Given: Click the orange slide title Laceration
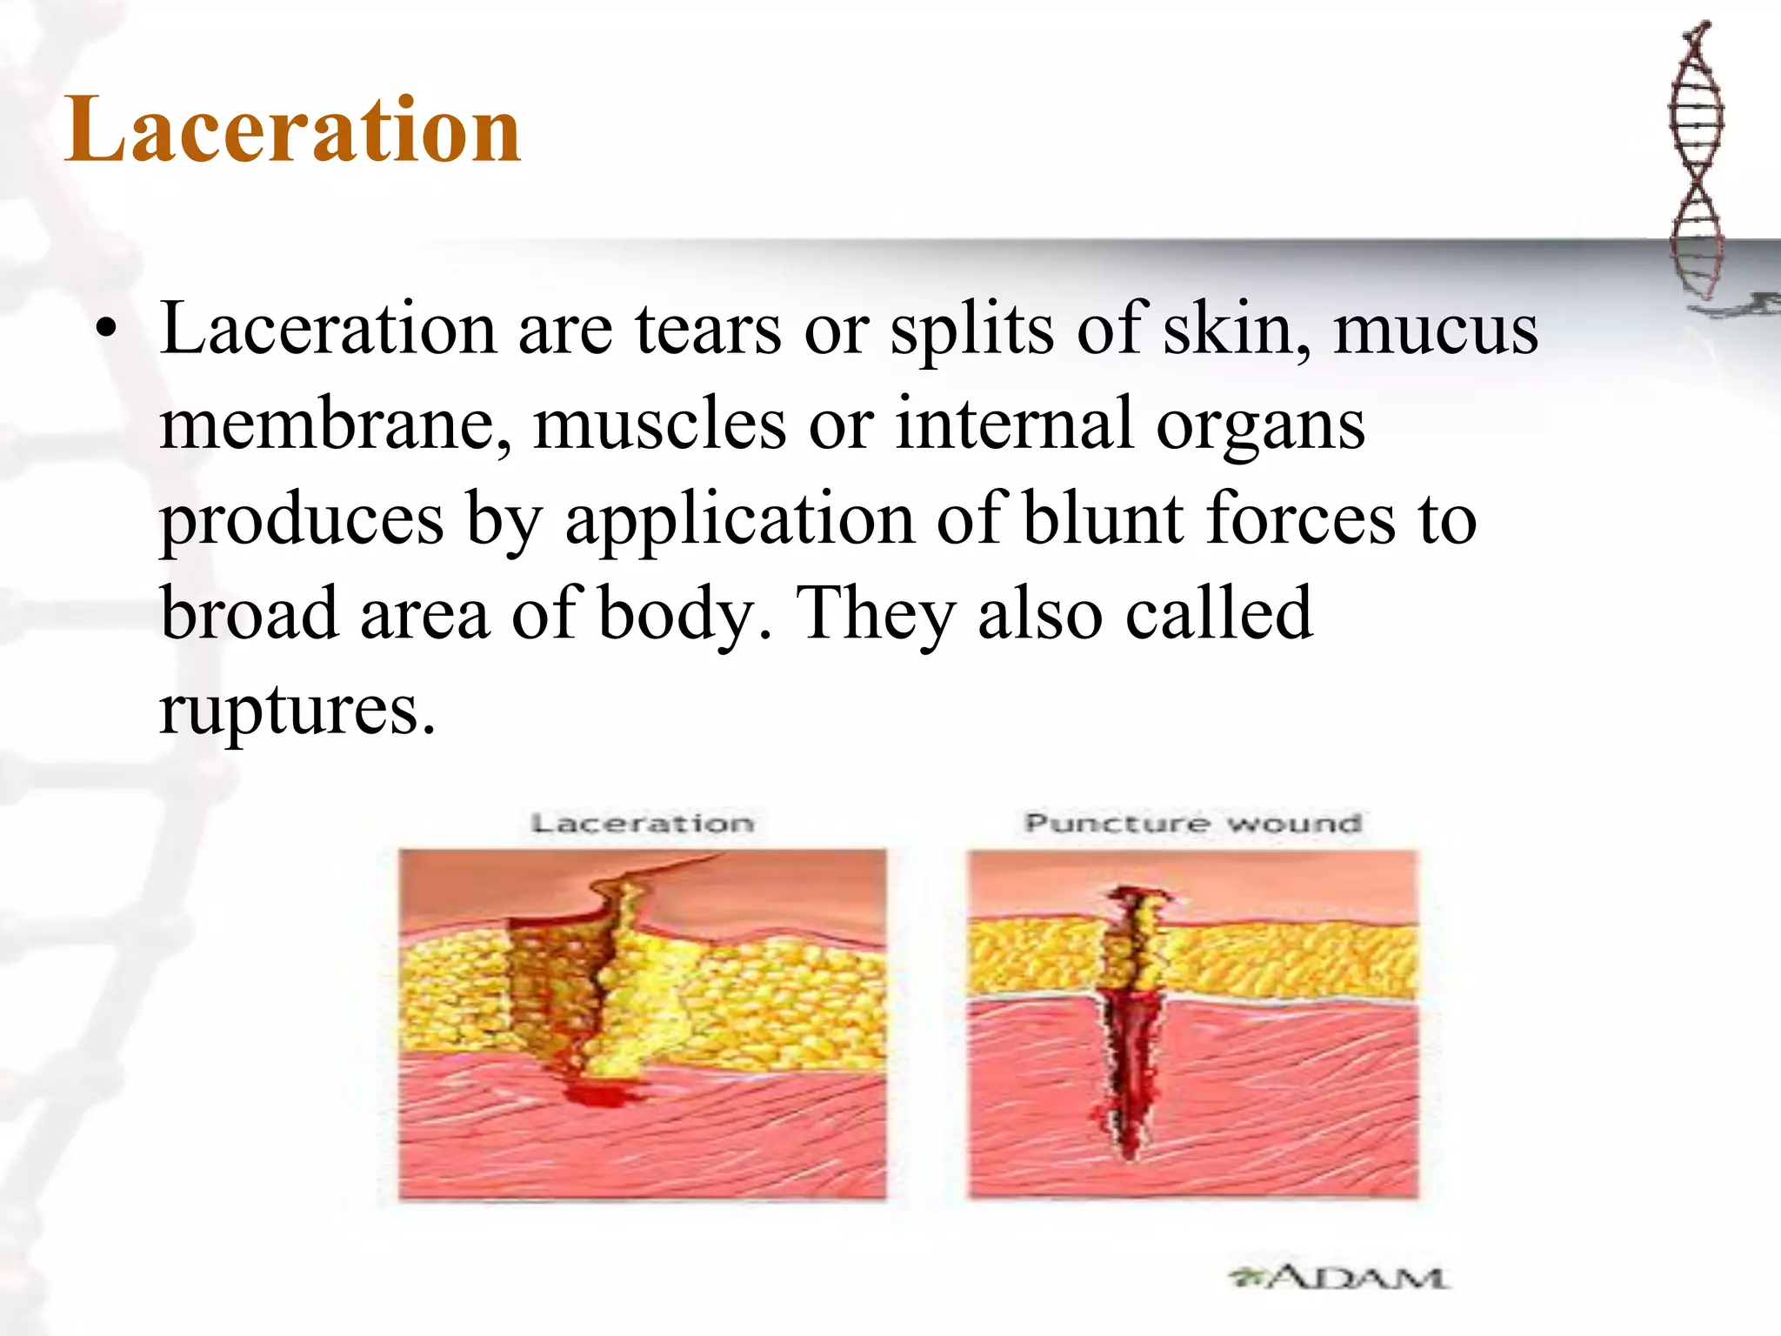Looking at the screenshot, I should pos(293,130).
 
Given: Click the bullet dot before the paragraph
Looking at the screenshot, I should pos(106,331).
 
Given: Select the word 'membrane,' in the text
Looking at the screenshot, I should pos(335,424).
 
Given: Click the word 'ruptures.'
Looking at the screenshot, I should pos(297,710).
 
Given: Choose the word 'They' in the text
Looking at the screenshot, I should pos(876,614).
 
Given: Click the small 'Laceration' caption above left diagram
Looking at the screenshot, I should pos(642,823).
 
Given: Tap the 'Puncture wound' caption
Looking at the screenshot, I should pos(1192,823).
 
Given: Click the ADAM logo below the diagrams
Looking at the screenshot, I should pos(1338,1278).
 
